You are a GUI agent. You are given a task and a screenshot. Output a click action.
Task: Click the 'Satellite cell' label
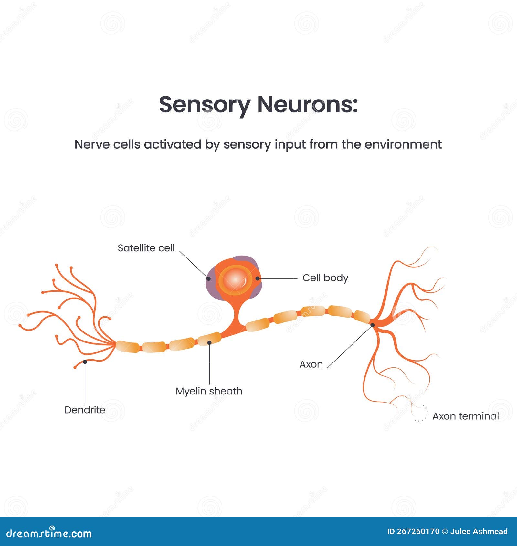[146, 248]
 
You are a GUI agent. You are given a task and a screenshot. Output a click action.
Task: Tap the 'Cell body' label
[325, 278]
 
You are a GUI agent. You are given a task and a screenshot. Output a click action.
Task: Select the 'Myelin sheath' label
[209, 391]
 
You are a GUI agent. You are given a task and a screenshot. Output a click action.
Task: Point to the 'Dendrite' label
[85, 410]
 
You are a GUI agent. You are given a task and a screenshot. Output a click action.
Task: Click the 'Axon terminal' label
[465, 416]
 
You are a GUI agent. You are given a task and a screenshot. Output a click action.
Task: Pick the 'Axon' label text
[311, 364]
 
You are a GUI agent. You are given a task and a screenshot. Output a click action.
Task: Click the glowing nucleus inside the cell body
[236, 280]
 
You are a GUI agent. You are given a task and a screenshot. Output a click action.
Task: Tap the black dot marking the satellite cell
[208, 278]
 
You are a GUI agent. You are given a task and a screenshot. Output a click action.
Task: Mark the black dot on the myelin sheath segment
[209, 342]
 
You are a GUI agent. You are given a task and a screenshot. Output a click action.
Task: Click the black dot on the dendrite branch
[85, 362]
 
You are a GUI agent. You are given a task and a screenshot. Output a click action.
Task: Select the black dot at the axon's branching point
[372, 325]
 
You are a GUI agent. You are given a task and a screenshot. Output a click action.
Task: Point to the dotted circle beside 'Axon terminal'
[420, 413]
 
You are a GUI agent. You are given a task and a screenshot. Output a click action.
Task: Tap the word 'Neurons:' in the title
[307, 105]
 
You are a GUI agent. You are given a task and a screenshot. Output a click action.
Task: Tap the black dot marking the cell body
[258, 278]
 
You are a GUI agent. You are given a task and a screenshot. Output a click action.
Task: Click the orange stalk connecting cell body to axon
[238, 315]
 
